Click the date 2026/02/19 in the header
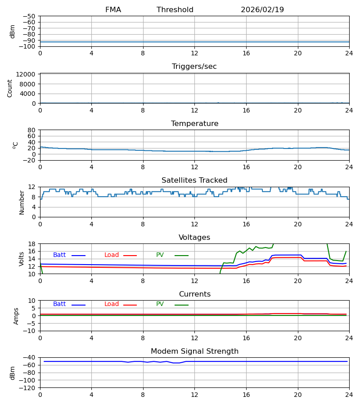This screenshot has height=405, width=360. [262, 10]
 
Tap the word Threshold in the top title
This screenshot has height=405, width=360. [175, 10]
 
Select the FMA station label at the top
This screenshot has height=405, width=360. [113, 10]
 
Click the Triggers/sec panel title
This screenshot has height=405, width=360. [194, 67]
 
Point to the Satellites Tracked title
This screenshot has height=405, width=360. [194, 180]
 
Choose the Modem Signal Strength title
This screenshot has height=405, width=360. [194, 351]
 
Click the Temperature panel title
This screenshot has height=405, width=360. [194, 124]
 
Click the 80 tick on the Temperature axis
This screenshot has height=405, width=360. [31, 130]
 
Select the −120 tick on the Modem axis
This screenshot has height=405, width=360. [28, 387]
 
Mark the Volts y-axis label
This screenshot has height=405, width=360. [22, 259]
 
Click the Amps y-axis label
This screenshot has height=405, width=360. [16, 316]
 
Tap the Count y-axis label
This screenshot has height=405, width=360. [10, 88]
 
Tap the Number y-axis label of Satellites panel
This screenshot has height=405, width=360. [22, 202]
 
